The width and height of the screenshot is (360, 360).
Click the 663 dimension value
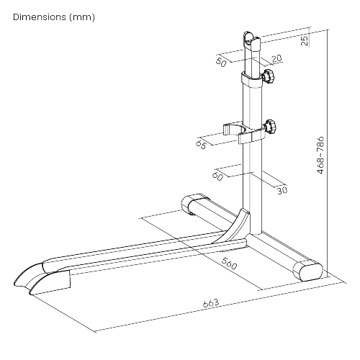click(211, 303)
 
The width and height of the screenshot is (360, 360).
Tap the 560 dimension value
click(229, 264)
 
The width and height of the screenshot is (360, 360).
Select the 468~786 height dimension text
click(320, 156)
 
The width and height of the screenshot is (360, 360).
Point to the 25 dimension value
click(305, 40)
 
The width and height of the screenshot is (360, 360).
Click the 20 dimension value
click(276, 58)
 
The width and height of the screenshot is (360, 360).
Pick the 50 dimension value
click(221, 62)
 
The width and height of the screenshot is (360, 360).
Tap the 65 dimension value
click(201, 145)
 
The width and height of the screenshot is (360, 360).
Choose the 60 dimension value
click(217, 176)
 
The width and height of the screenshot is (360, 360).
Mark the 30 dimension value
click(282, 190)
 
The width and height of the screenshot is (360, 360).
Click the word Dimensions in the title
click(40, 17)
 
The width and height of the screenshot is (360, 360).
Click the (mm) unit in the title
click(82, 17)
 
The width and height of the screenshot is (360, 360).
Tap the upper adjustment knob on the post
click(269, 76)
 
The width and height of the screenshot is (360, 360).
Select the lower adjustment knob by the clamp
click(270, 127)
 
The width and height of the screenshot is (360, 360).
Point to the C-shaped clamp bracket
click(244, 132)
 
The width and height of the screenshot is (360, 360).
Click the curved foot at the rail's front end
click(42, 279)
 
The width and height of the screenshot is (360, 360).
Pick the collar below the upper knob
click(251, 80)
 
